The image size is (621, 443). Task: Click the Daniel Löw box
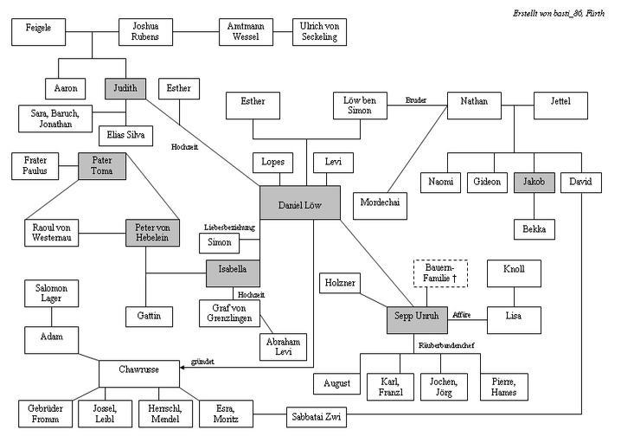[x=300, y=202]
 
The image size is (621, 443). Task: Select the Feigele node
[x=38, y=32]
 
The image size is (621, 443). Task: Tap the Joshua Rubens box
[x=145, y=32]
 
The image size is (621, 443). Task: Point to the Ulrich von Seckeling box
[x=319, y=32]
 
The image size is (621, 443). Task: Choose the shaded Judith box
[x=125, y=88]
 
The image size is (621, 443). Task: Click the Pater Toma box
[x=102, y=166]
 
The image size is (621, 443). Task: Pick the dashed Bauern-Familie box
[x=440, y=273]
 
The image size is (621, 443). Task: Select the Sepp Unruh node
[x=417, y=320]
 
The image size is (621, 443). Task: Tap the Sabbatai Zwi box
[x=317, y=417]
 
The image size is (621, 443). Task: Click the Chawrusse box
[x=139, y=374]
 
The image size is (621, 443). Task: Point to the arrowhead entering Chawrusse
[x=182, y=368]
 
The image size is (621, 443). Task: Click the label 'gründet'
[x=202, y=362]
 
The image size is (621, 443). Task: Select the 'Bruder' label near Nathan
[x=416, y=100]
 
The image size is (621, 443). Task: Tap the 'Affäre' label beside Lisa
[x=461, y=315]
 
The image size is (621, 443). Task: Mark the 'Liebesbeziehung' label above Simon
[x=229, y=228]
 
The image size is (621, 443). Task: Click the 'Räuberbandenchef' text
[x=446, y=345]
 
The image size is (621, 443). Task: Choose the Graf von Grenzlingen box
[x=229, y=313]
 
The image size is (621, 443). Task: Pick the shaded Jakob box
[x=534, y=183]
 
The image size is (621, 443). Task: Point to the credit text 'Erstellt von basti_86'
[x=547, y=14]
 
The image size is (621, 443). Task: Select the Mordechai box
[x=380, y=206]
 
